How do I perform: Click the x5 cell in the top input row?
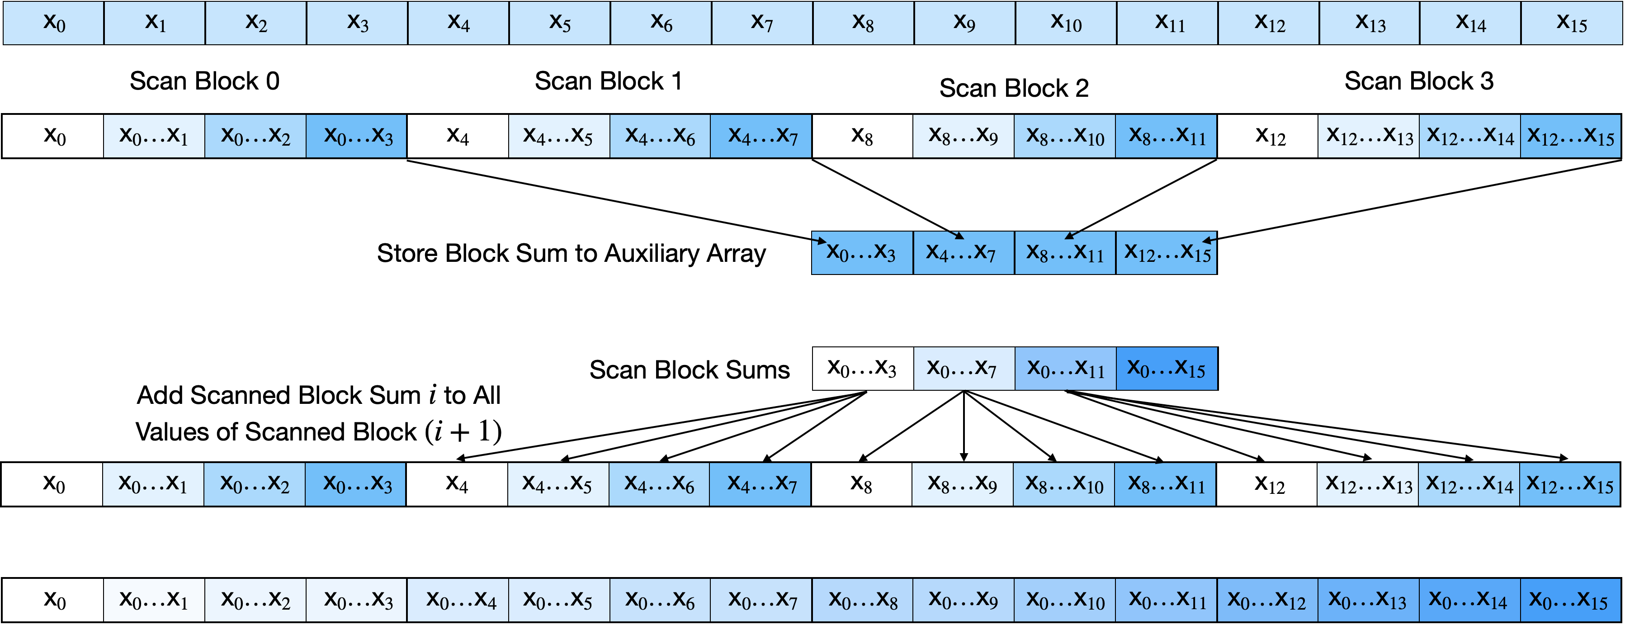pos(560,23)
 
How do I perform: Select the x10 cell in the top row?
pos(1066,23)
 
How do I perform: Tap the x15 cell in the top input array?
pos(1571,23)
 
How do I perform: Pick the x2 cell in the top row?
pos(256,23)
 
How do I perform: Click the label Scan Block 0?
pos(204,81)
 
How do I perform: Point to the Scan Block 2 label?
pos(1014,88)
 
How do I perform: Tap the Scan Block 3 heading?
pos(1419,81)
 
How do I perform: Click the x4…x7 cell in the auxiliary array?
pos(963,253)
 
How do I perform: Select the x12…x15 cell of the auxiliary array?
pos(1167,253)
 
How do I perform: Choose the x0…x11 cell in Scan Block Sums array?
pos(1065,368)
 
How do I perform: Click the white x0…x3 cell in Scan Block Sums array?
pos(862,368)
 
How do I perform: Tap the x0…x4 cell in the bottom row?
pos(458,600)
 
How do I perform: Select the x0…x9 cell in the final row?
pos(963,600)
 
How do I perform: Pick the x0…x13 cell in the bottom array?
pos(1368,600)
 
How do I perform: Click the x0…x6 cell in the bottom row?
pos(660,600)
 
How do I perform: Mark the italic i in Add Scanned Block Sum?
pos(432,395)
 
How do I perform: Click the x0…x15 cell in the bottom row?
pos(1570,600)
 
